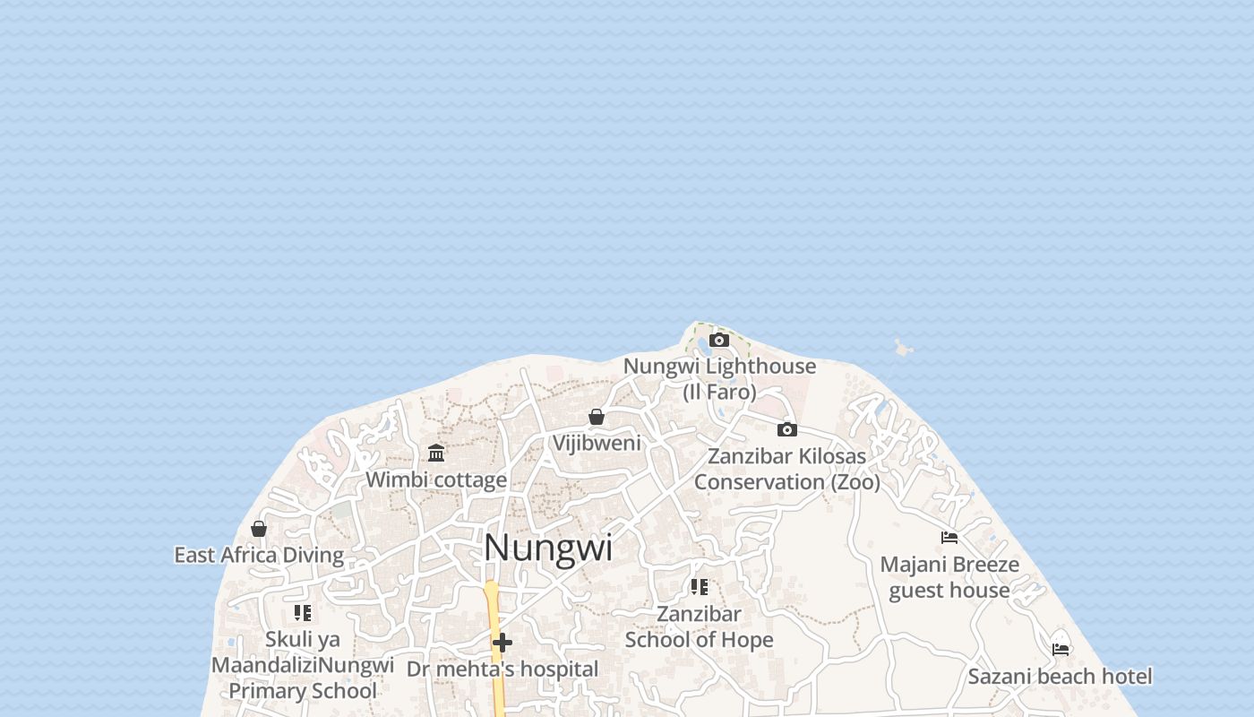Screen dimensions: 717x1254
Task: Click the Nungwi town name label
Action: pos(548,548)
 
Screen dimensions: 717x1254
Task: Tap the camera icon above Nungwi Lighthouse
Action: pos(719,340)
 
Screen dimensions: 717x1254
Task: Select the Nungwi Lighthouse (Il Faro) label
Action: pos(719,378)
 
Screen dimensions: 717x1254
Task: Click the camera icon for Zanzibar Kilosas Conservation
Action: pos(787,429)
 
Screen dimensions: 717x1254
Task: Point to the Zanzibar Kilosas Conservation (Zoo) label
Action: pos(786,469)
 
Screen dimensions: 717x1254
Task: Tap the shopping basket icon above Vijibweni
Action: pos(597,417)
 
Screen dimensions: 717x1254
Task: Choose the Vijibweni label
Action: pos(597,443)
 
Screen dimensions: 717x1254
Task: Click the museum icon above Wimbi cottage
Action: pos(436,453)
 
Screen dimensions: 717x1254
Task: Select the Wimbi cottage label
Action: pos(436,479)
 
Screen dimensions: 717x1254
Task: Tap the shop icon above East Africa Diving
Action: pos(259,529)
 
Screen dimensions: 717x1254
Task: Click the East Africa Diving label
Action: pos(259,555)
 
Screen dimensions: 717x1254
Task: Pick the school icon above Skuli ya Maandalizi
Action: pos(303,613)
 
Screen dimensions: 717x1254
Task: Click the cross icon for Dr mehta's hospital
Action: pos(502,643)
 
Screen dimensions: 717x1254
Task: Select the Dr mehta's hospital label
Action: pos(502,669)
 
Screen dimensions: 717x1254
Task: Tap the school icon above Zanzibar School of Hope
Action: pos(700,587)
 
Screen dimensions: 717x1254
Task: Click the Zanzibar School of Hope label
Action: pos(700,626)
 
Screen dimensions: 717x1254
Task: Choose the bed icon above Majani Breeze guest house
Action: pos(949,538)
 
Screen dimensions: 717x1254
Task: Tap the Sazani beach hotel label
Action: pos(1061,676)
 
